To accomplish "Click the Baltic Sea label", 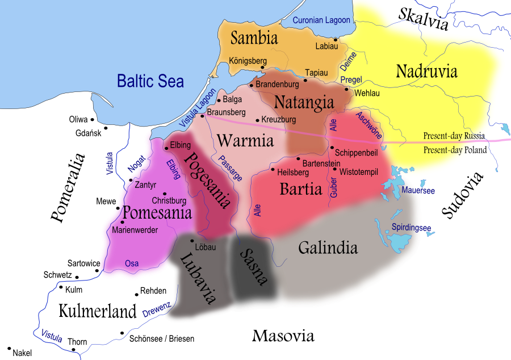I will (150, 81).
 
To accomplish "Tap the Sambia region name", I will (254, 38).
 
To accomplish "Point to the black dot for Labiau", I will (336, 40).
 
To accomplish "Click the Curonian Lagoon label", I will (321, 20).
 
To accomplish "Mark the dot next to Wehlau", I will (347, 89).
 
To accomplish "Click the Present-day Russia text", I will (454, 136).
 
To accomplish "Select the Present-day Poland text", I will (455, 150).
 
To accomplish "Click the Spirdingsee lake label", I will (411, 228).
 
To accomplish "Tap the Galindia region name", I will (328, 248).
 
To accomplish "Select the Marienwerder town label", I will (135, 230).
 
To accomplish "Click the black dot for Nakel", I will (9, 348).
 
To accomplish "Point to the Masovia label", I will (283, 336).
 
